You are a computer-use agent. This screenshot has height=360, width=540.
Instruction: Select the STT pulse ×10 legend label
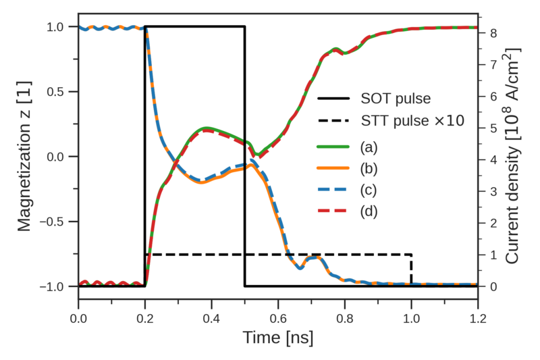click(x=412, y=122)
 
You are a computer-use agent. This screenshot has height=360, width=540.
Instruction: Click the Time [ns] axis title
click(x=278, y=336)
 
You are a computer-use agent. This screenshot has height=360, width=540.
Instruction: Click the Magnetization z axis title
click(x=25, y=156)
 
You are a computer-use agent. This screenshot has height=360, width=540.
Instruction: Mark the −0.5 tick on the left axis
click(x=56, y=222)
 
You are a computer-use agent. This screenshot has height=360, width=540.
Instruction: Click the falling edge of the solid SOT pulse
click(x=244, y=155)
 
